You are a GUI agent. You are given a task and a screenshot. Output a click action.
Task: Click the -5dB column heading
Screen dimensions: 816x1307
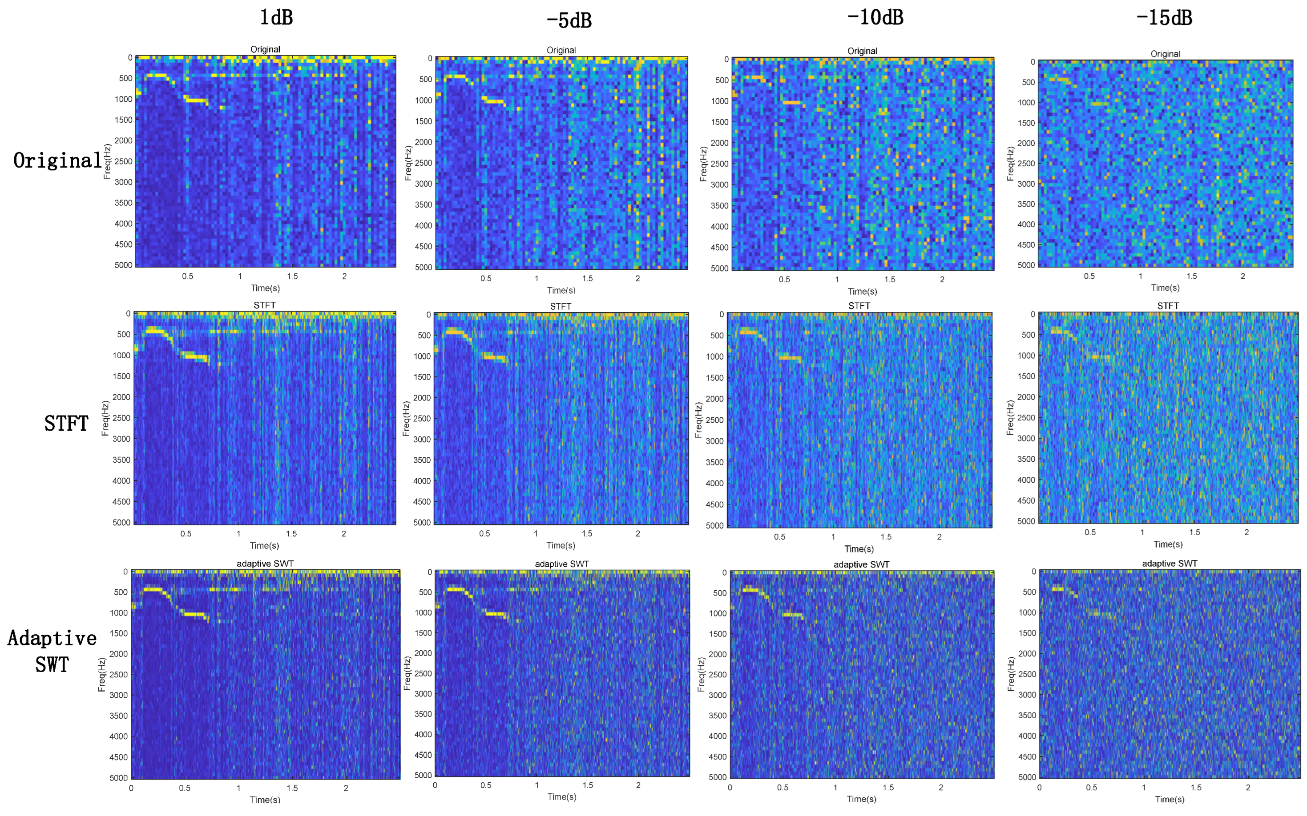pos(569,20)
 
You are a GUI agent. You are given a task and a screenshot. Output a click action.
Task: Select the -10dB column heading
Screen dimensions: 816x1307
pos(875,17)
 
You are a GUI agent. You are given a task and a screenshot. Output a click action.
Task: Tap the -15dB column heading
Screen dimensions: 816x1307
pos(1164,18)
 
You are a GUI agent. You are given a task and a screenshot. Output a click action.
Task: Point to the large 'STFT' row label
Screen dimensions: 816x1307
pos(66,423)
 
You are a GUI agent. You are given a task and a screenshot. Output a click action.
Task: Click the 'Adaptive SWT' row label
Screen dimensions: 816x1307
pos(52,652)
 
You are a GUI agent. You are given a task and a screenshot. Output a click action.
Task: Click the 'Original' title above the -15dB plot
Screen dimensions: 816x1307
pos(1165,54)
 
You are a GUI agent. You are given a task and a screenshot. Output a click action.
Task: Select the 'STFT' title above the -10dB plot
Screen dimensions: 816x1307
pos(859,306)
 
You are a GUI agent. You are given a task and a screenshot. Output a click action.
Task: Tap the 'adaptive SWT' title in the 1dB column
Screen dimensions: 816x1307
pos(265,564)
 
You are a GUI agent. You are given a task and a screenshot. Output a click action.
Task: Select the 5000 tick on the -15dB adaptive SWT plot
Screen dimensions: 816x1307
pos(1026,777)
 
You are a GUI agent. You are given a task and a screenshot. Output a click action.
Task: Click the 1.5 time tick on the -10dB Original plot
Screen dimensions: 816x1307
pos(889,280)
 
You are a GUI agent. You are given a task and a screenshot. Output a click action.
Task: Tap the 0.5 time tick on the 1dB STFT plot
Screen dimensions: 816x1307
pos(186,534)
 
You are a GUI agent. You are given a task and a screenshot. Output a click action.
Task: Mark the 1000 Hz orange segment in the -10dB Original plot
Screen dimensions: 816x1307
pos(792,102)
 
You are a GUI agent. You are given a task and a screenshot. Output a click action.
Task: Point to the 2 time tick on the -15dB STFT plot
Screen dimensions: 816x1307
pos(1246,532)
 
